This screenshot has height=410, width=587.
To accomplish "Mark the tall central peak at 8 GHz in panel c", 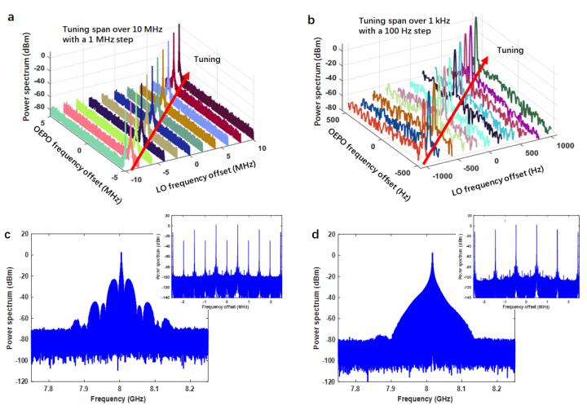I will pos(121,255).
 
